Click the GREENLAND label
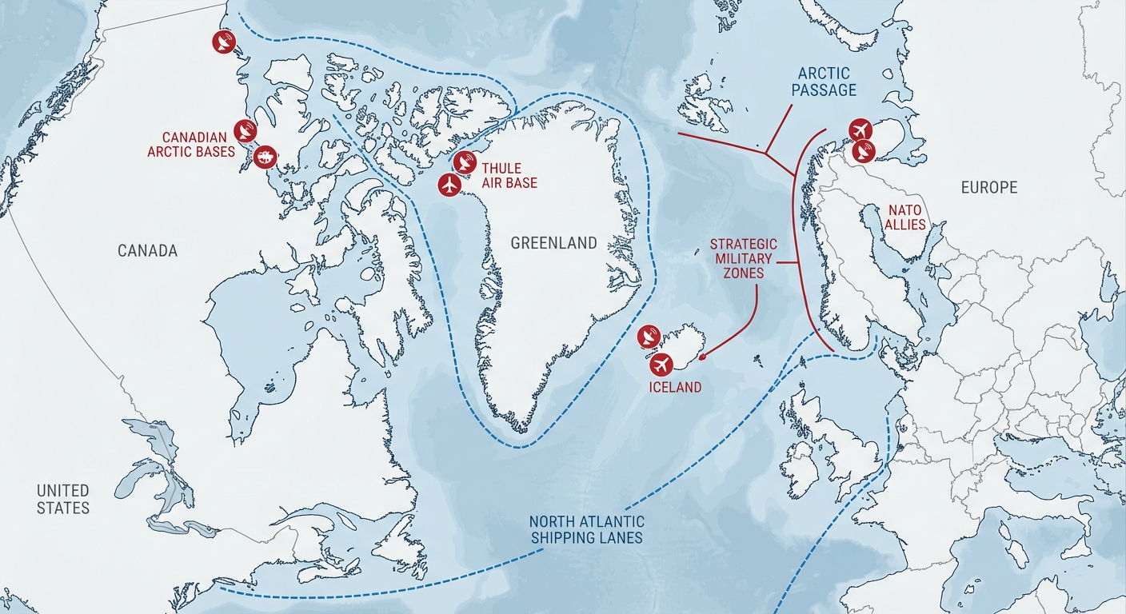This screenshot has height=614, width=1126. [553, 243]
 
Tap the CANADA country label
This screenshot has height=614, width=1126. [147, 251]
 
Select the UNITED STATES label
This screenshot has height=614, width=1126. [63, 499]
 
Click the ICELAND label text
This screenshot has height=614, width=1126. [675, 388]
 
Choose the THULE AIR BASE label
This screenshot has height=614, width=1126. [508, 176]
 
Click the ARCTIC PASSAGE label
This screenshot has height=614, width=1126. [824, 82]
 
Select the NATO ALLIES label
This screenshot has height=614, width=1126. [904, 217]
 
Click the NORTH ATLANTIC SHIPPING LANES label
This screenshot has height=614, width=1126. [586, 530]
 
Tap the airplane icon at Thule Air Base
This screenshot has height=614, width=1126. [451, 185]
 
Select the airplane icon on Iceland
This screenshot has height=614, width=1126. [661, 365]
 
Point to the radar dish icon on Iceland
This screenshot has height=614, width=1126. [649, 337]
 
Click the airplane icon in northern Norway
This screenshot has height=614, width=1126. [860, 129]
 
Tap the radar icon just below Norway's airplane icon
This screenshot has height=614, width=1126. [864, 150]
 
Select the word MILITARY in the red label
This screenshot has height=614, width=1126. [744, 259]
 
